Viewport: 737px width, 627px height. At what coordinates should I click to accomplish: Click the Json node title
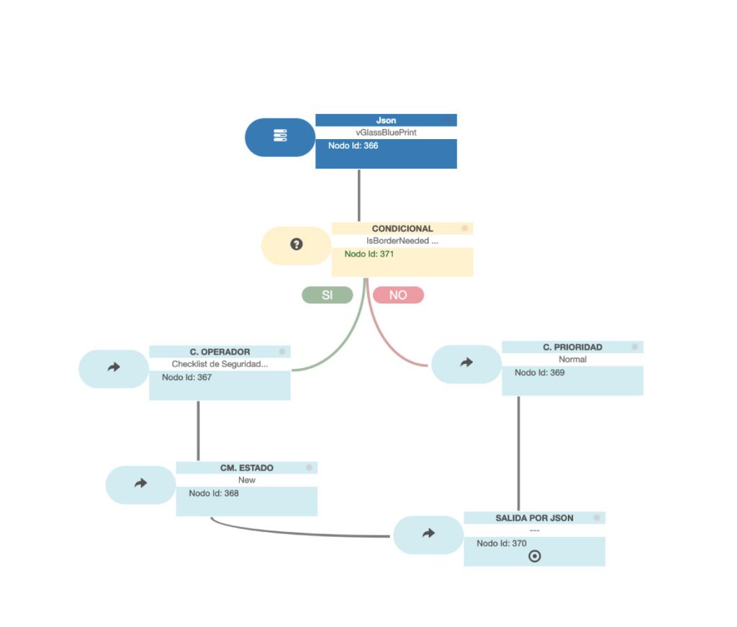click(386, 120)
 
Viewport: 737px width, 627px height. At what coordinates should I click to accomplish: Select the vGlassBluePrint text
click(386, 133)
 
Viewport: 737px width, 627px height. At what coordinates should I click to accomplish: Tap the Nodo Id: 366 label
click(353, 146)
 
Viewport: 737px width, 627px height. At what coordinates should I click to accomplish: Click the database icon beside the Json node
click(280, 136)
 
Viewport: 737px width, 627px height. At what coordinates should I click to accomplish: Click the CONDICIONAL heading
click(402, 228)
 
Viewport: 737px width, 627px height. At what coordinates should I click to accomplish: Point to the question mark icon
click(296, 244)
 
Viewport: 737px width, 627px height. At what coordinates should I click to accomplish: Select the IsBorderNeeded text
click(402, 241)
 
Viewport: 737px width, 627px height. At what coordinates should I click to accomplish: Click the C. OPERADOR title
click(220, 352)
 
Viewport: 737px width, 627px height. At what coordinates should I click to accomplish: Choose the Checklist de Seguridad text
click(220, 364)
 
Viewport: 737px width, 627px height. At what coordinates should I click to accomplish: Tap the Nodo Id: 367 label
click(186, 377)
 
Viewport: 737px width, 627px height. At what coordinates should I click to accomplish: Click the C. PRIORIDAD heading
click(572, 347)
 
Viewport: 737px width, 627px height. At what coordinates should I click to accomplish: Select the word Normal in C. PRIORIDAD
click(572, 359)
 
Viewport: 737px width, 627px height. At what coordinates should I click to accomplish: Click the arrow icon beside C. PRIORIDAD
click(466, 363)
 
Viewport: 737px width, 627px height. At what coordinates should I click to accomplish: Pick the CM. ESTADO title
click(246, 468)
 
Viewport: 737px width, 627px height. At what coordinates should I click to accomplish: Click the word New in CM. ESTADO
click(246, 480)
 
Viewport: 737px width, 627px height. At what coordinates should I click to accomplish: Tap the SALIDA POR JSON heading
click(534, 517)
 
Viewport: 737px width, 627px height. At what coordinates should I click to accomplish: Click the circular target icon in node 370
click(534, 556)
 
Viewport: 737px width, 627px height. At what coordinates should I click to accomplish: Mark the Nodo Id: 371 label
click(368, 254)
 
